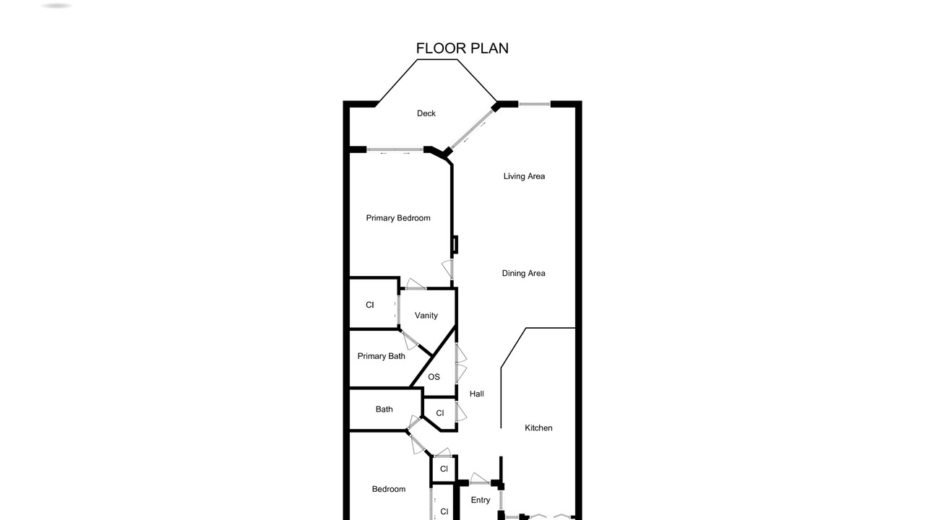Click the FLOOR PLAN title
tap(462, 48)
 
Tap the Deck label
tap(426, 113)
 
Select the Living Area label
tap(524, 176)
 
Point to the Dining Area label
tap(524, 273)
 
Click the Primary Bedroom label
tap(398, 218)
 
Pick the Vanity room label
tap(426, 316)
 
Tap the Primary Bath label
tap(381, 356)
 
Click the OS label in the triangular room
tap(434, 377)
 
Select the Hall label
tap(476, 394)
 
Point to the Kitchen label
tap(538, 428)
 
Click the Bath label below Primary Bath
tap(384, 409)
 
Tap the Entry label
tap(481, 500)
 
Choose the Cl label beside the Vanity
tap(370, 305)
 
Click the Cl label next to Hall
tap(440, 413)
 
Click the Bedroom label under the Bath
tap(389, 489)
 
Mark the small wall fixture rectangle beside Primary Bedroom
tap(455, 244)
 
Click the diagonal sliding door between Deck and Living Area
tap(472, 129)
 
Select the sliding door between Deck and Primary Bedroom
tap(395, 149)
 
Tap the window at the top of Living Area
tap(534, 104)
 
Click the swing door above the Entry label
tap(479, 479)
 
